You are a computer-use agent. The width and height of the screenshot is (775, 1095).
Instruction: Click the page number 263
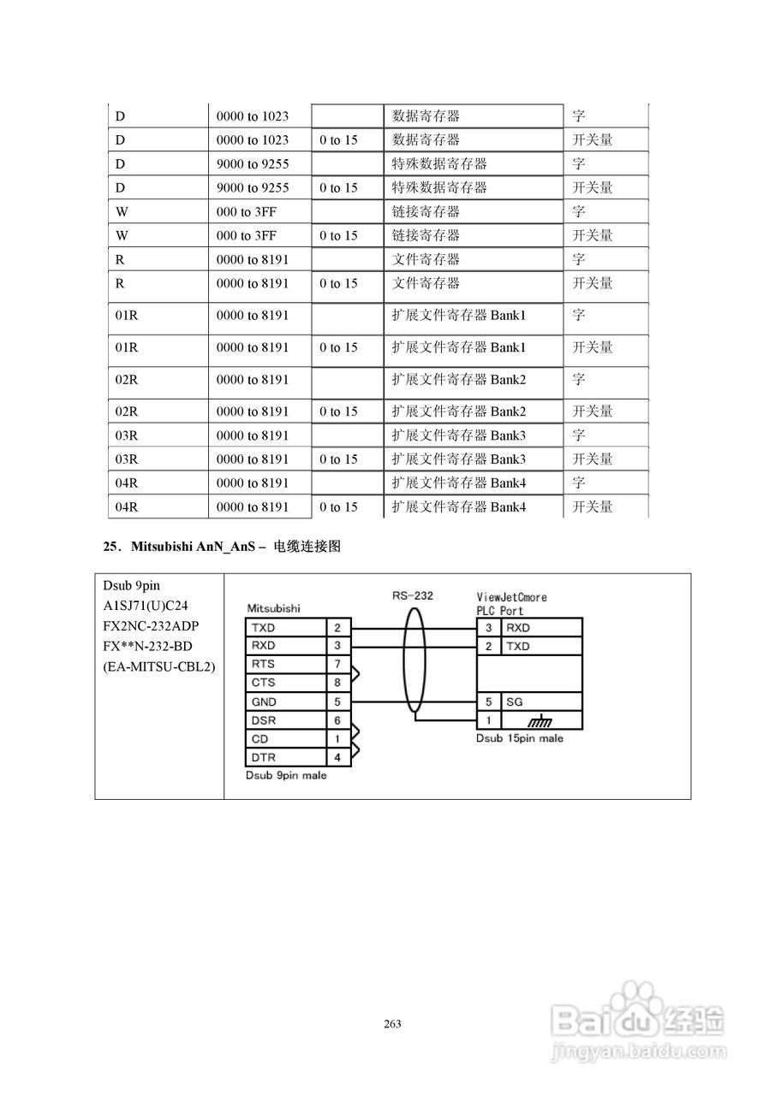(393, 1024)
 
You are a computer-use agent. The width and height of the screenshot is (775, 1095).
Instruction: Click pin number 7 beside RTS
(337, 664)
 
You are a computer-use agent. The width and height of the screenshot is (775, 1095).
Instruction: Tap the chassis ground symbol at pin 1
(541, 721)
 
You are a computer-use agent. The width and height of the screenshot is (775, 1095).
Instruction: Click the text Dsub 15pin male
(520, 738)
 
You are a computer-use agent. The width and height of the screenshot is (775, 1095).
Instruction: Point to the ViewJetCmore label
(511, 597)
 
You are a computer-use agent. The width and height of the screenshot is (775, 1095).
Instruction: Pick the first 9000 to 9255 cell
(253, 163)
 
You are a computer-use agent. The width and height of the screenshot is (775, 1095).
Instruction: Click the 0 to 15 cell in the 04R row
(338, 507)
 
